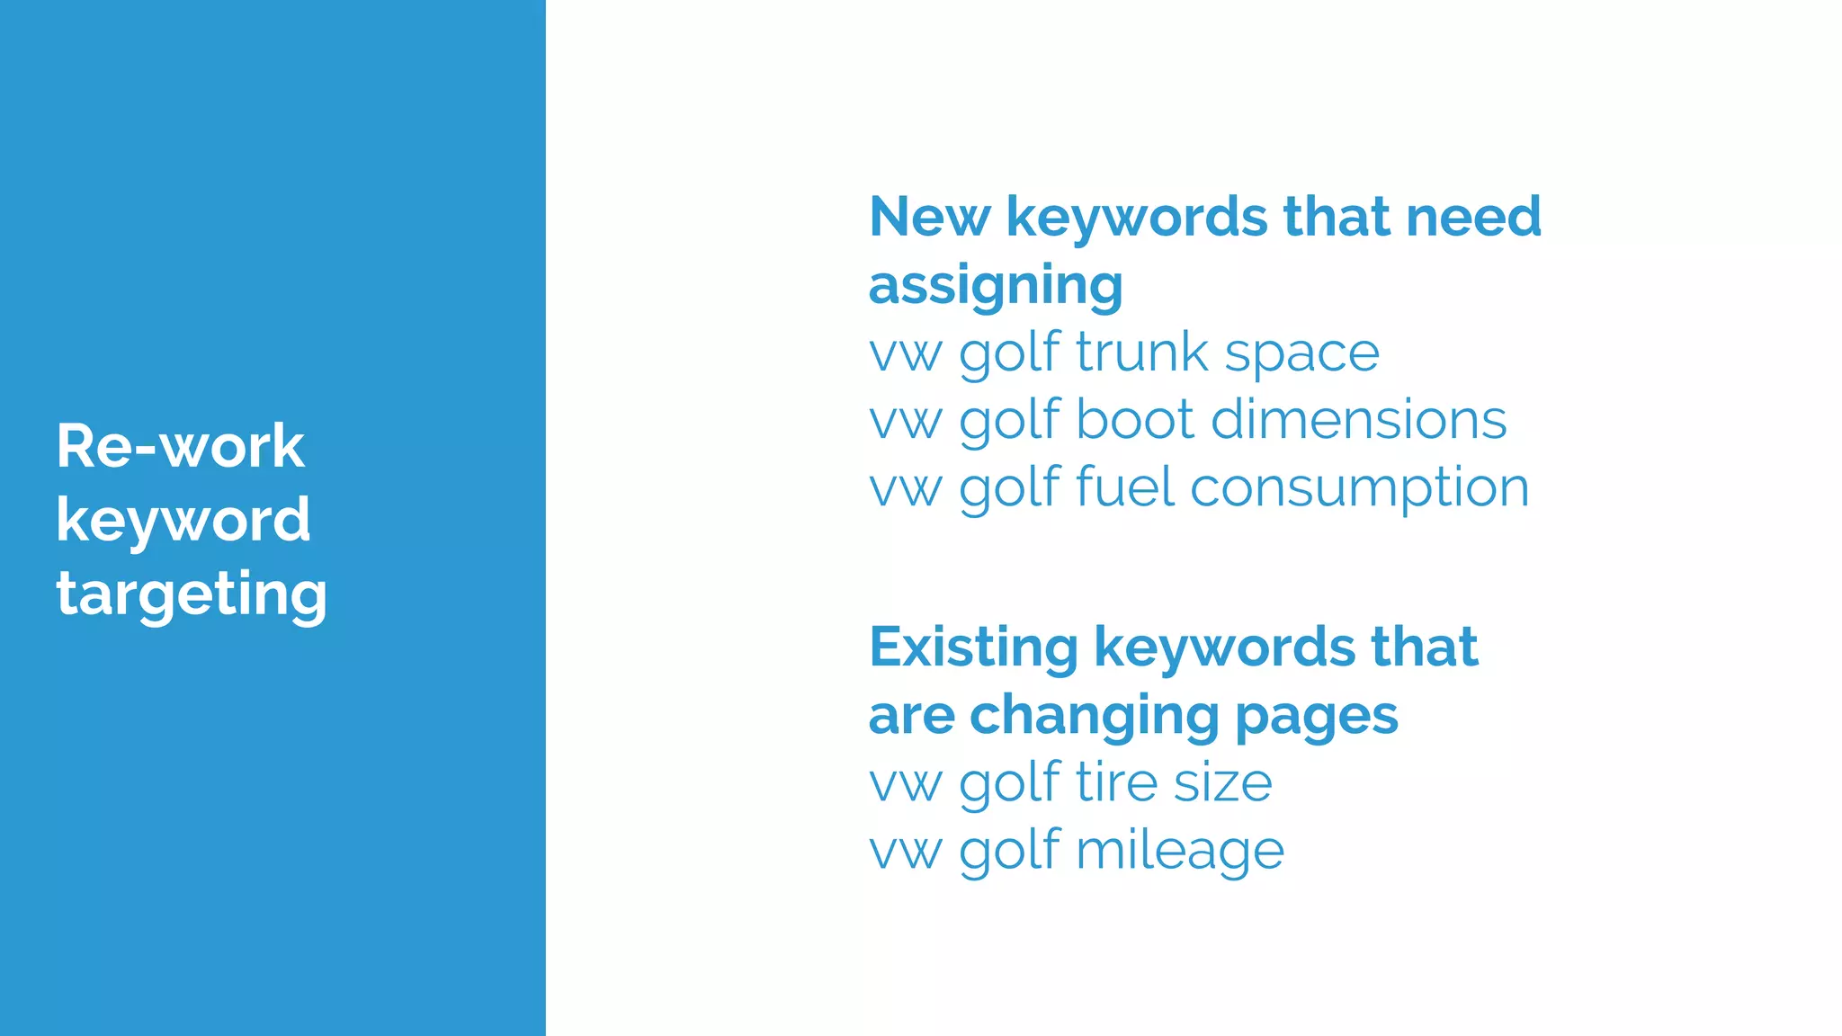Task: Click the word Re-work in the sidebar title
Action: (x=180, y=446)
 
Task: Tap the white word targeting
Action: (x=192, y=595)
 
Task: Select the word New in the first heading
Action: (x=929, y=217)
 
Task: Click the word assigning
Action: (x=996, y=286)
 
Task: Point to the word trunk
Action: (x=1141, y=352)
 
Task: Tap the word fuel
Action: (x=1125, y=487)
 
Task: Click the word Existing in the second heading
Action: (x=973, y=647)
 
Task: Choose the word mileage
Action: (x=1179, y=852)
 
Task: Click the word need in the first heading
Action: (x=1473, y=217)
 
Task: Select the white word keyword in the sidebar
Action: (x=183, y=521)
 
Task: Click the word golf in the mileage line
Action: (x=1010, y=852)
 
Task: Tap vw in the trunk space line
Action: (x=906, y=353)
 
